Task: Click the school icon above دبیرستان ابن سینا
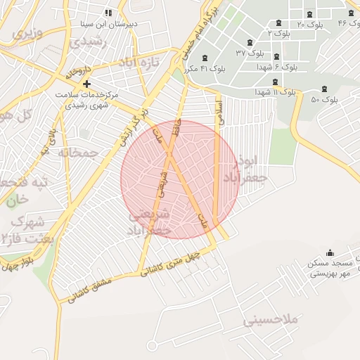pos(108,13)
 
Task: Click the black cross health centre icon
pos(86,84)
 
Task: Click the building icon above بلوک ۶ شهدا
pos(276,56)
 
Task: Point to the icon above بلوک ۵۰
pos(323,89)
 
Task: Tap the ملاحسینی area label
pos(271,320)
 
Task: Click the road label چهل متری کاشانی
pos(172,264)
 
